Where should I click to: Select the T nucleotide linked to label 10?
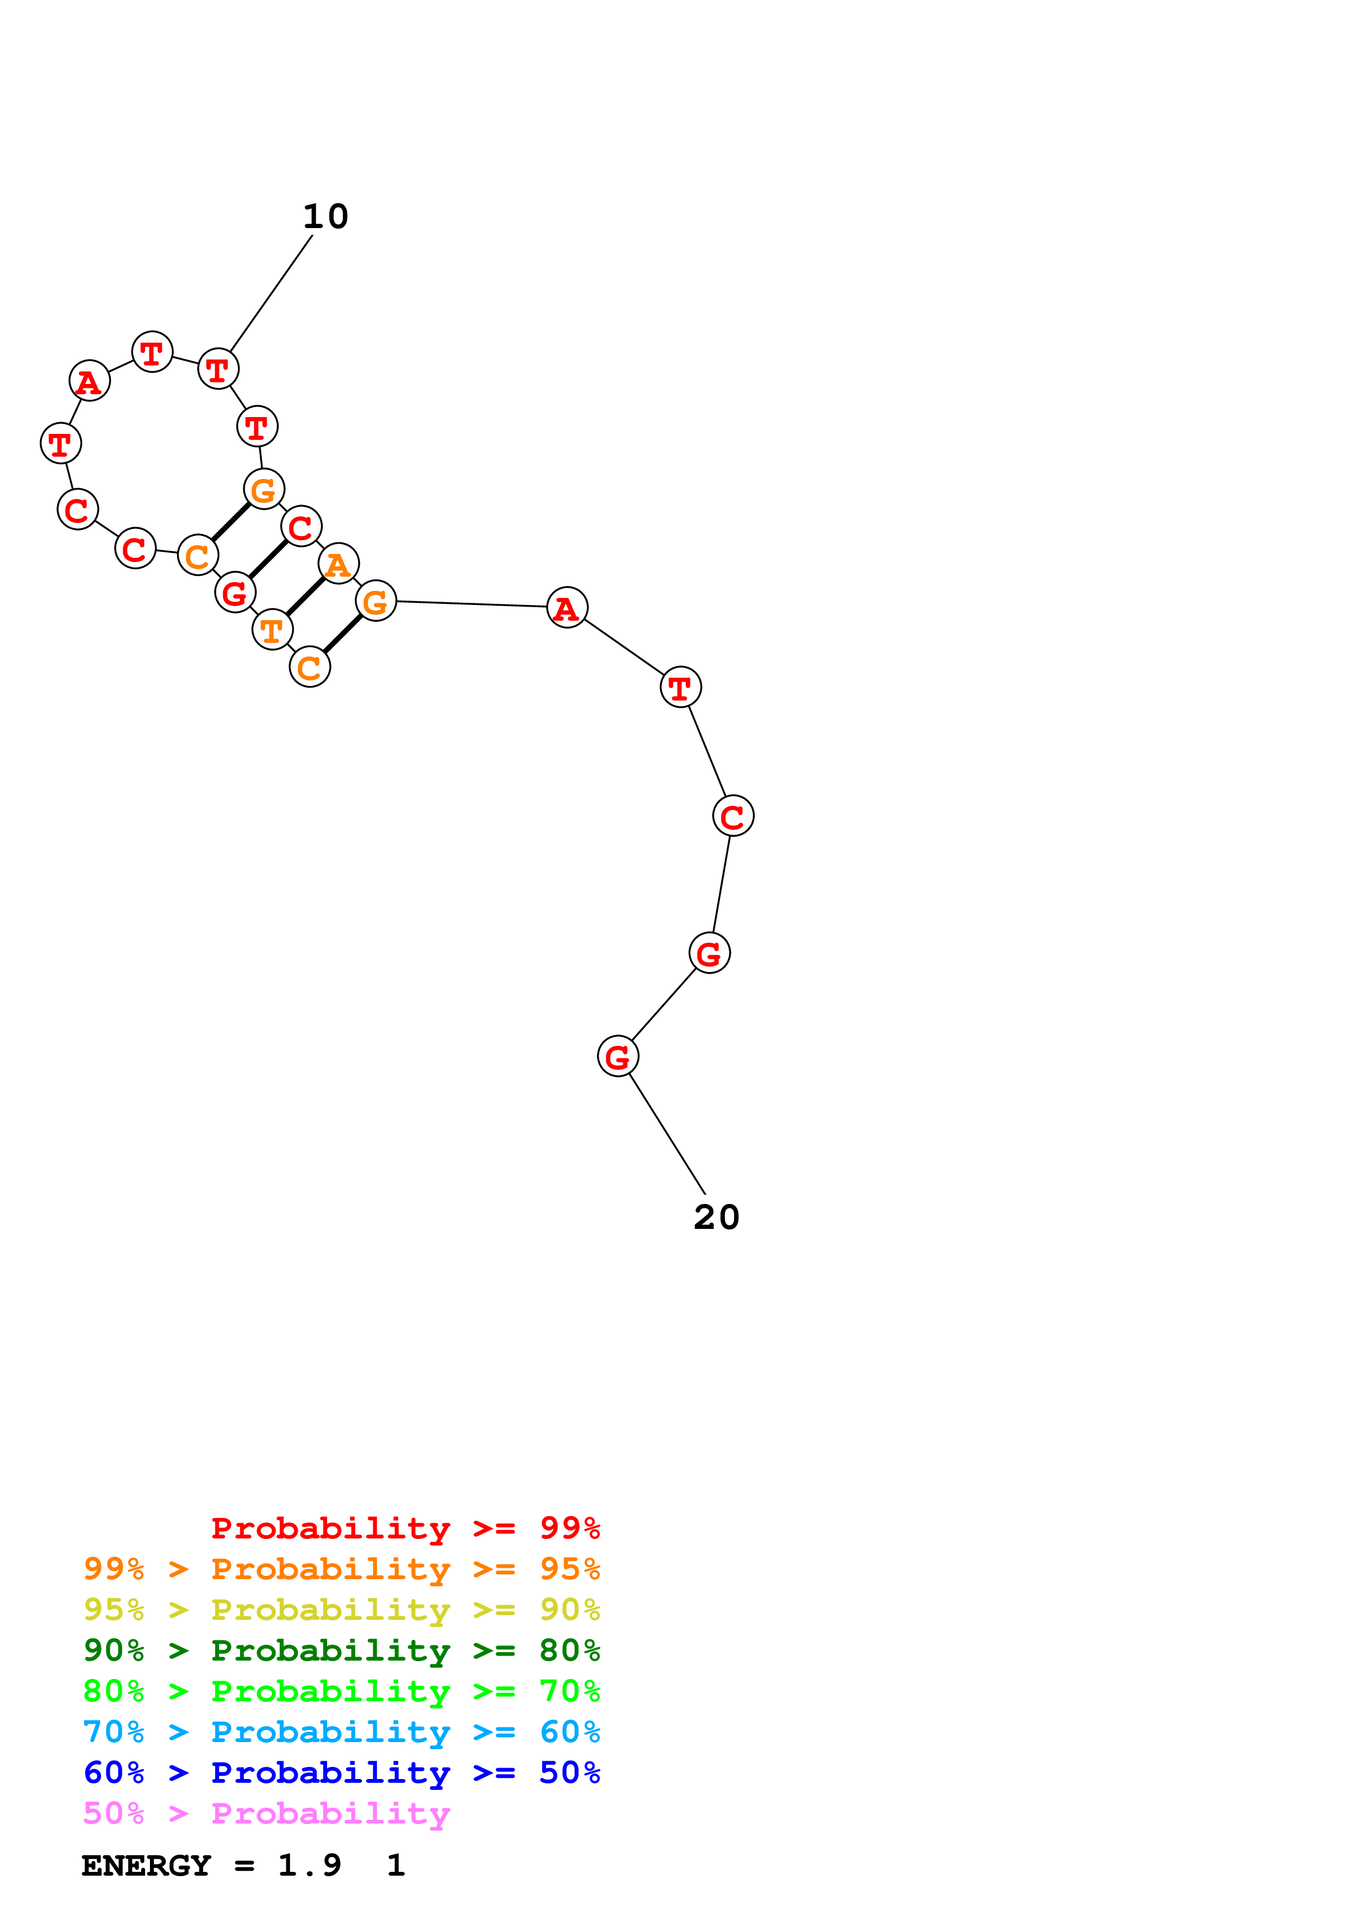[218, 369]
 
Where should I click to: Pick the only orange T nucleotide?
[272, 630]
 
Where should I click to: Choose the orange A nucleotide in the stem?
[338, 564]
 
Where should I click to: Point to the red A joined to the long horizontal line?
[567, 608]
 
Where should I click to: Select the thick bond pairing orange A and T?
[305, 597]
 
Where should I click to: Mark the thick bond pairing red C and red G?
[268, 559]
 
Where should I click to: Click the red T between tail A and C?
[680, 688]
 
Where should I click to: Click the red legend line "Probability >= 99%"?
[405, 1528]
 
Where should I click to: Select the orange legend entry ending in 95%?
[341, 1569]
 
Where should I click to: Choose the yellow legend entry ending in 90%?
[341, 1610]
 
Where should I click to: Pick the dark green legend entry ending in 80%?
[341, 1650]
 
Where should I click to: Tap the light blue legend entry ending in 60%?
[341, 1732]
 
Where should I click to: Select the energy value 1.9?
[309, 1866]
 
